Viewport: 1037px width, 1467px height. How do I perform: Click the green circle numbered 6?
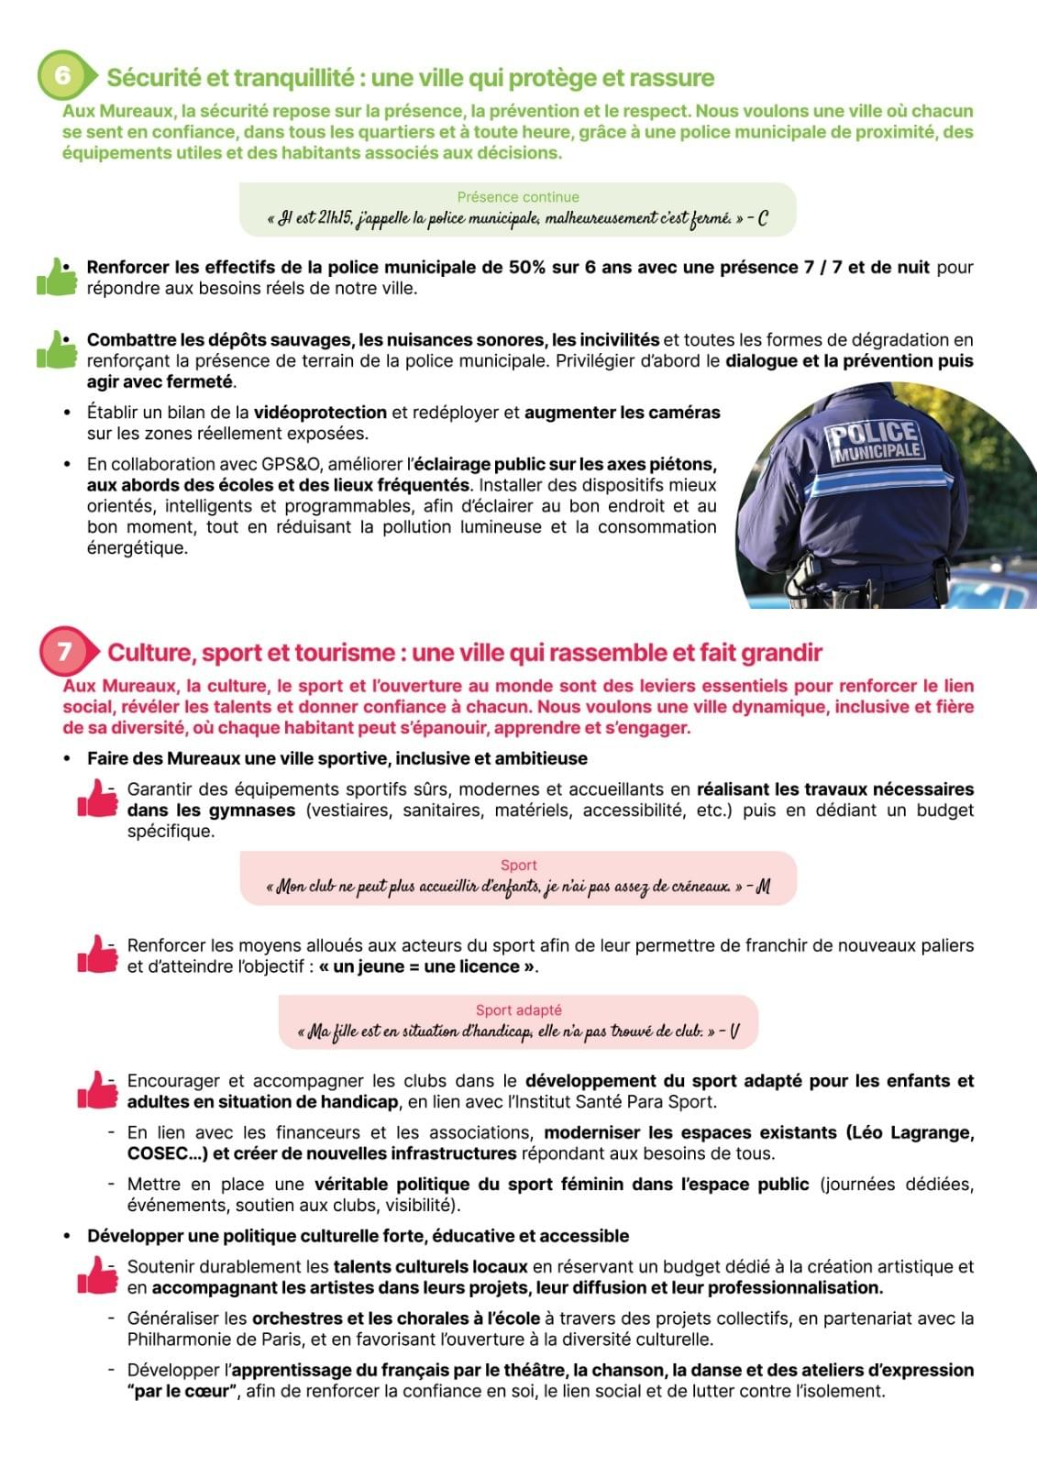tap(62, 75)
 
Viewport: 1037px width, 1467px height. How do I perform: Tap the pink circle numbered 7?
tap(64, 651)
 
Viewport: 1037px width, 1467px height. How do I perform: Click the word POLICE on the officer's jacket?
tap(873, 435)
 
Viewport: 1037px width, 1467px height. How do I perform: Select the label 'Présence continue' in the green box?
tap(518, 197)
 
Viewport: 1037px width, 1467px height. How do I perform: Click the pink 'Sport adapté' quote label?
tap(518, 1009)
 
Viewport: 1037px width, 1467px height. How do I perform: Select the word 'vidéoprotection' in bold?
tap(320, 413)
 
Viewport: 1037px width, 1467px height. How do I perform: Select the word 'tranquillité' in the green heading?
tap(294, 78)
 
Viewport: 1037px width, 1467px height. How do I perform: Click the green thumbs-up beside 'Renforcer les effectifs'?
tap(58, 278)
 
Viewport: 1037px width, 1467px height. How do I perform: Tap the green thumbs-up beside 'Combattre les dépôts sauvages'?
tap(58, 349)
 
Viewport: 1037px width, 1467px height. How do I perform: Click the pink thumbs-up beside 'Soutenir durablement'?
tap(98, 1275)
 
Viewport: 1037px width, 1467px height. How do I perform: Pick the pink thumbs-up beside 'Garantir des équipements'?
tap(98, 798)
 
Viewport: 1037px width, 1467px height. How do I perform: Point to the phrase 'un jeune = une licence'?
tap(426, 966)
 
